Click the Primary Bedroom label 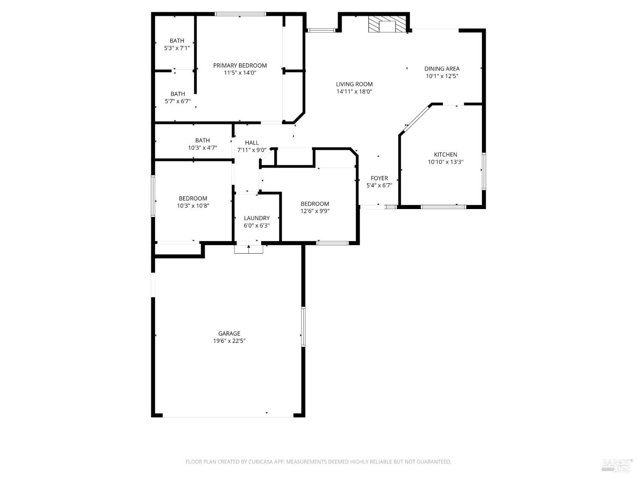click(240, 65)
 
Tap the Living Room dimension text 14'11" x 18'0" click(354, 91)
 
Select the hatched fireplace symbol click(387, 24)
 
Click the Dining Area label click(442, 69)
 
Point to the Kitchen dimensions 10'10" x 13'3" click(445, 162)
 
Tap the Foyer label click(379, 178)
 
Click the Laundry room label click(256, 218)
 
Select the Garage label click(229, 334)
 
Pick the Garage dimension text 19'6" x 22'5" click(229, 341)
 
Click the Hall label click(251, 143)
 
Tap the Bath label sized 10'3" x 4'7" click(202, 141)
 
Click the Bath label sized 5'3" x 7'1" click(177, 41)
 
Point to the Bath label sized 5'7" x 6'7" click(178, 94)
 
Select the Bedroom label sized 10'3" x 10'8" click(193, 198)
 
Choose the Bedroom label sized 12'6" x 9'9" click(315, 204)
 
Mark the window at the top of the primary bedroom click(240, 14)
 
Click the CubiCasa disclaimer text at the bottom click(318, 462)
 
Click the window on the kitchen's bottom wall click(443, 207)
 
